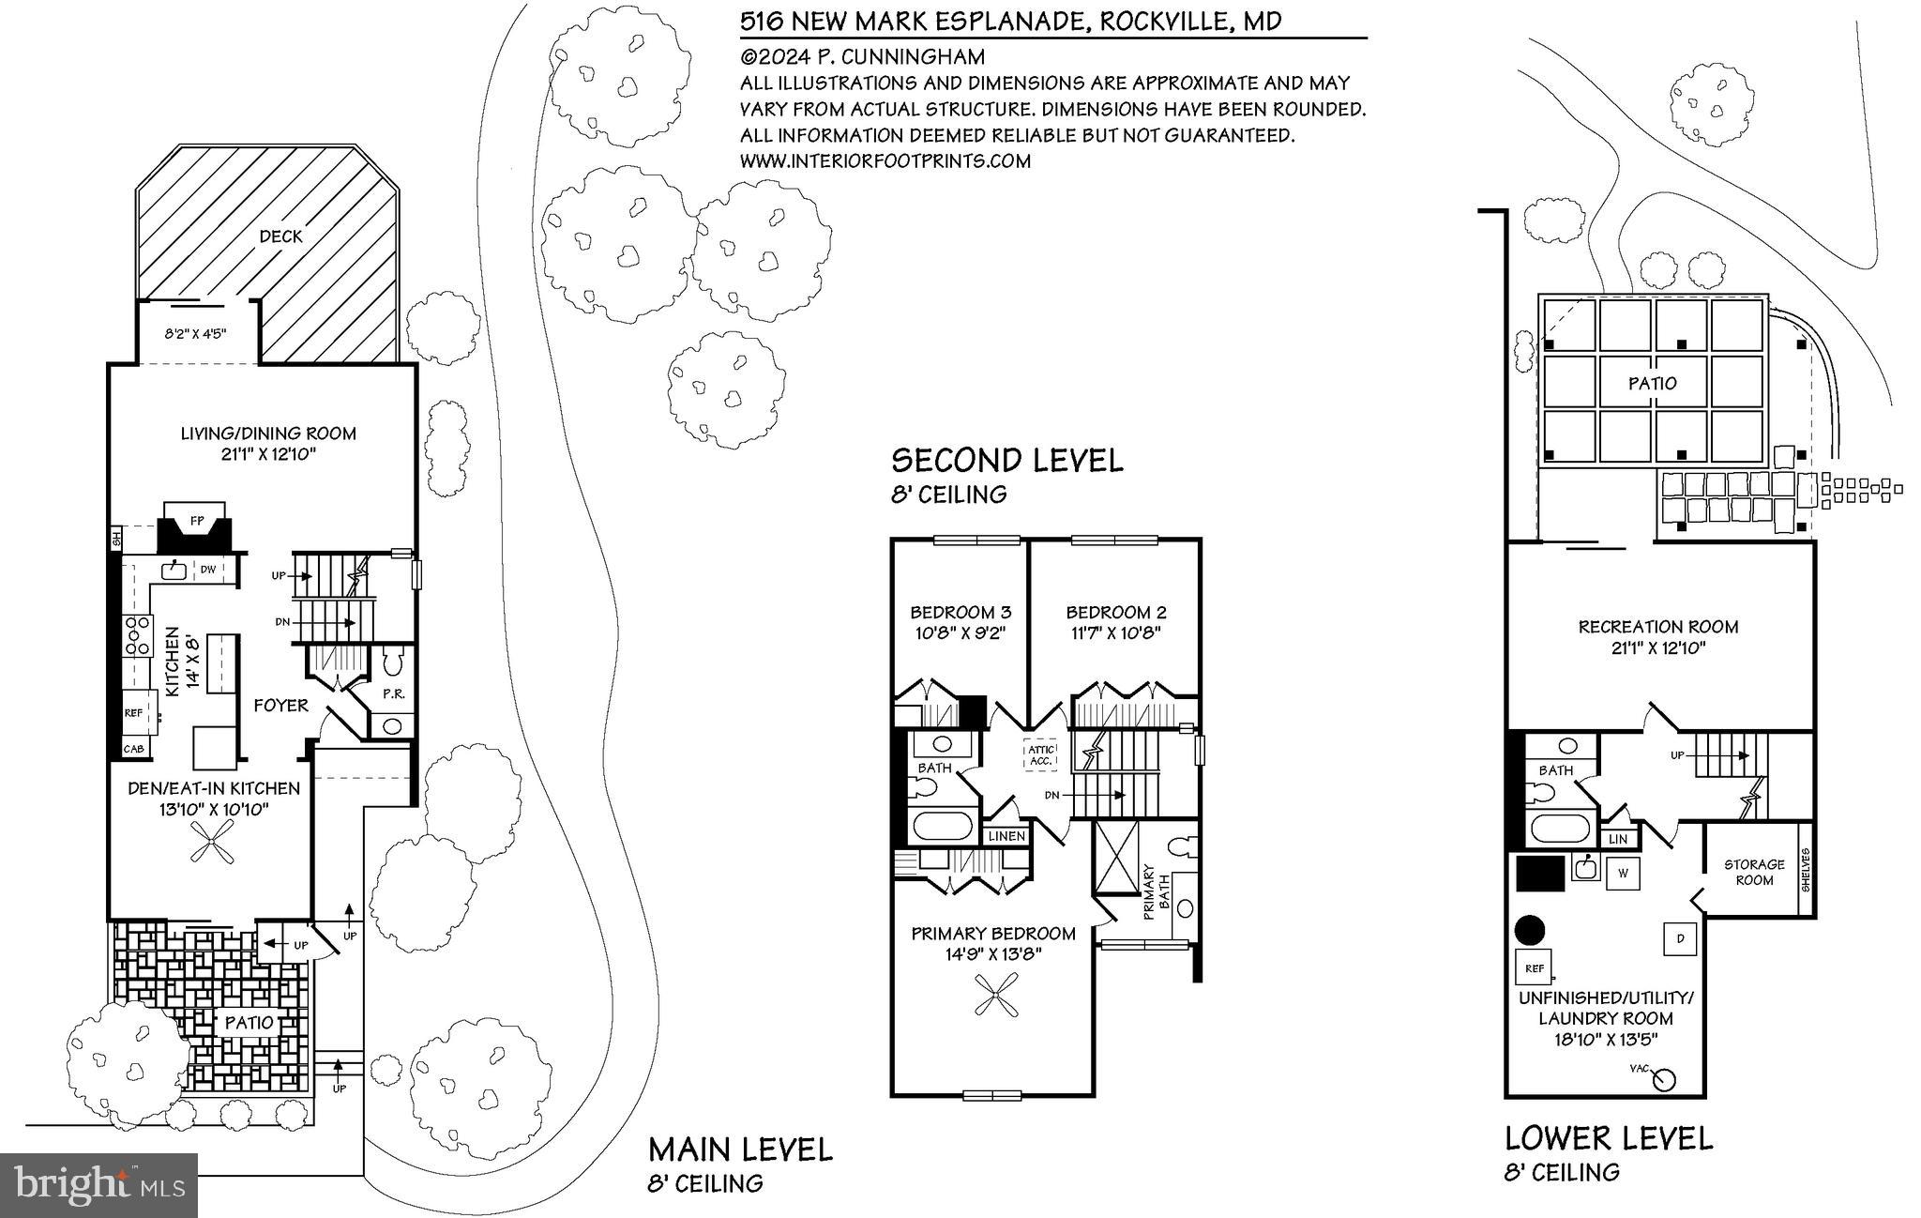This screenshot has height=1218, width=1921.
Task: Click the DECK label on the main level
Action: [280, 236]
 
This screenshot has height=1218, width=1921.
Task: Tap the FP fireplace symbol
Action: [197, 520]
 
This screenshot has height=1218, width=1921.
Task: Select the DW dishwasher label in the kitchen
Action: [207, 570]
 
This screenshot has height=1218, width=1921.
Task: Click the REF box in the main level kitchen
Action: [134, 713]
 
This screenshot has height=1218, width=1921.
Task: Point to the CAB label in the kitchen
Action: [133, 749]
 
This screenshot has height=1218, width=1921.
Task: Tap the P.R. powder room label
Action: [393, 694]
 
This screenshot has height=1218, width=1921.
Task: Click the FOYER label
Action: [280, 706]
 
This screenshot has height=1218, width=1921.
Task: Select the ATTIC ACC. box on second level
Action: [1041, 755]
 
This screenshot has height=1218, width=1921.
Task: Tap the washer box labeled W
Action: [1623, 874]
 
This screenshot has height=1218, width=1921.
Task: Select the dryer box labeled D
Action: [1680, 938]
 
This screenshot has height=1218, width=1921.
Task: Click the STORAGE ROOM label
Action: [1754, 872]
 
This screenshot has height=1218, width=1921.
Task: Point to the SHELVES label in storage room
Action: [1807, 869]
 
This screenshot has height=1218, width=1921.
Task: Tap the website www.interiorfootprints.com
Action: [885, 161]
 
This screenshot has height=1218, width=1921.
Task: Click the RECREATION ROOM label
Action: [1657, 627]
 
